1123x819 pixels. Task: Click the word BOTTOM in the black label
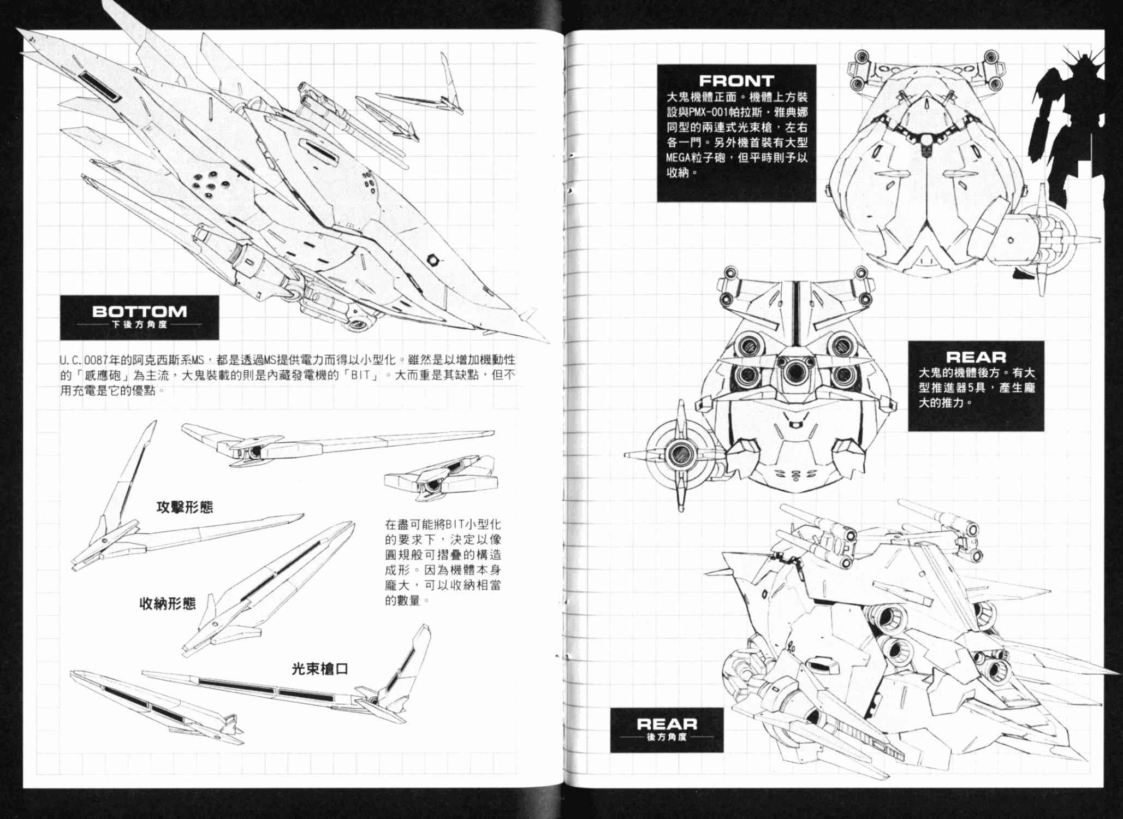[x=139, y=312]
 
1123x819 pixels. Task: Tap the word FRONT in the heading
[x=736, y=81]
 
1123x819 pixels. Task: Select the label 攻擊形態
[x=185, y=507]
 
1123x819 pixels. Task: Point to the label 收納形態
[x=168, y=603]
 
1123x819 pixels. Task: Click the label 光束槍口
[x=319, y=668]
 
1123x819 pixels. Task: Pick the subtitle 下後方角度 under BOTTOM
[x=139, y=324]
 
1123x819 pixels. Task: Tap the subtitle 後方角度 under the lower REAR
[x=667, y=737]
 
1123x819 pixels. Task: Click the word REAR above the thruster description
[x=976, y=357]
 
